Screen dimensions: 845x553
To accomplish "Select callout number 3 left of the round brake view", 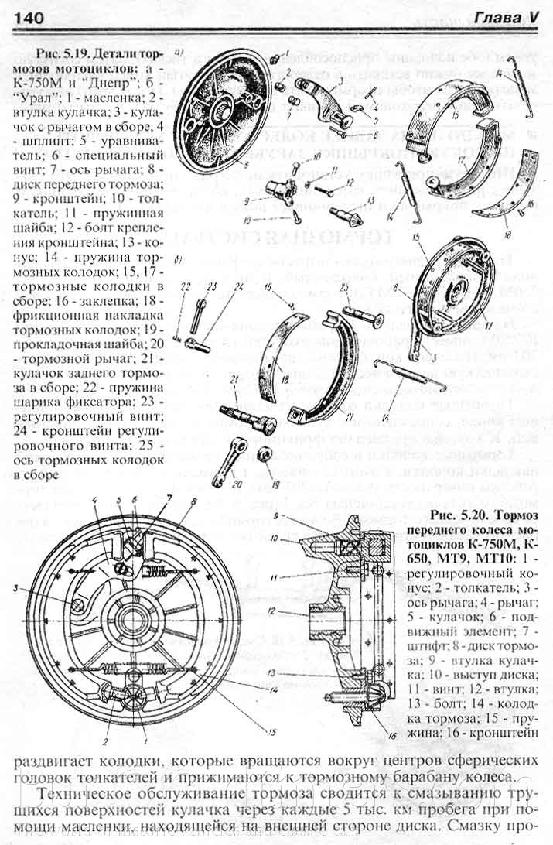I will (15, 589).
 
